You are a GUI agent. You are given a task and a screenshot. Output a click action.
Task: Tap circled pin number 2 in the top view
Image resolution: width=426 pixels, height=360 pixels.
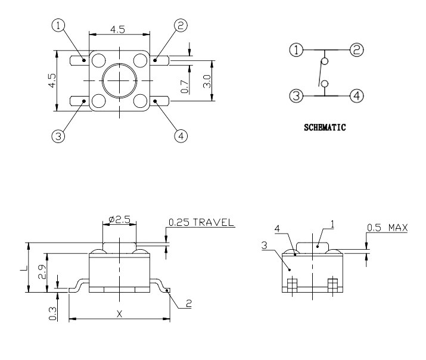(181, 26)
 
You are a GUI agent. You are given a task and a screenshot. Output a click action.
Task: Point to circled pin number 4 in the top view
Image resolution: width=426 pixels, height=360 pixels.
(181, 136)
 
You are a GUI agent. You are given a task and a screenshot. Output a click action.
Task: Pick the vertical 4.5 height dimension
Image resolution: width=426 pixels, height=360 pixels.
(52, 81)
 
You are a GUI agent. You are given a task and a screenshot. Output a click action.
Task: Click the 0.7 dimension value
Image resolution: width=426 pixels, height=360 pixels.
(185, 86)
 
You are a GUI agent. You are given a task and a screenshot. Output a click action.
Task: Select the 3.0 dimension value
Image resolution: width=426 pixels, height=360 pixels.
(207, 81)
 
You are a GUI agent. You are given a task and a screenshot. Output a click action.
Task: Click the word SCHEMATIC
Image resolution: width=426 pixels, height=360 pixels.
(325, 127)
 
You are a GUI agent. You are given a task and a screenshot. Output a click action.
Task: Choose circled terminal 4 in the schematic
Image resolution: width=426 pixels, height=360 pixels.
(356, 95)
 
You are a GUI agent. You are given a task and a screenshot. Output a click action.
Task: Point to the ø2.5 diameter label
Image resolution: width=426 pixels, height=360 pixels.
(120, 219)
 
